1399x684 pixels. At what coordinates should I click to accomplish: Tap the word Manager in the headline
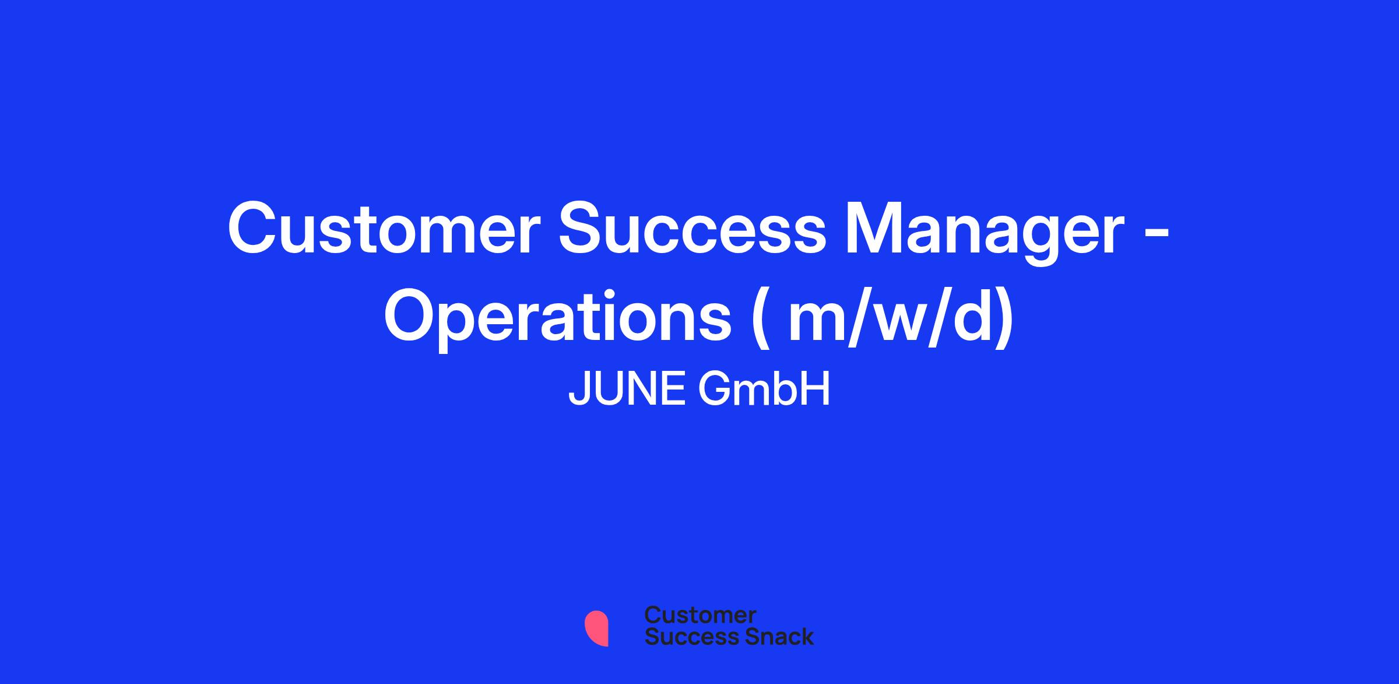985,233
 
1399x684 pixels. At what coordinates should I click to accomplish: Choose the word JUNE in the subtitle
627,390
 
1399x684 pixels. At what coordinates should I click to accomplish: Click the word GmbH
764,390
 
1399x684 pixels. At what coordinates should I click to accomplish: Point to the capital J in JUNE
579,390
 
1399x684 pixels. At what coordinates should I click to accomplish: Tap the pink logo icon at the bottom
596,628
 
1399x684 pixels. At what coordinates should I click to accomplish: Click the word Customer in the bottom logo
700,615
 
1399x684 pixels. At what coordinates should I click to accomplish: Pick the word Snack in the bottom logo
771,636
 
